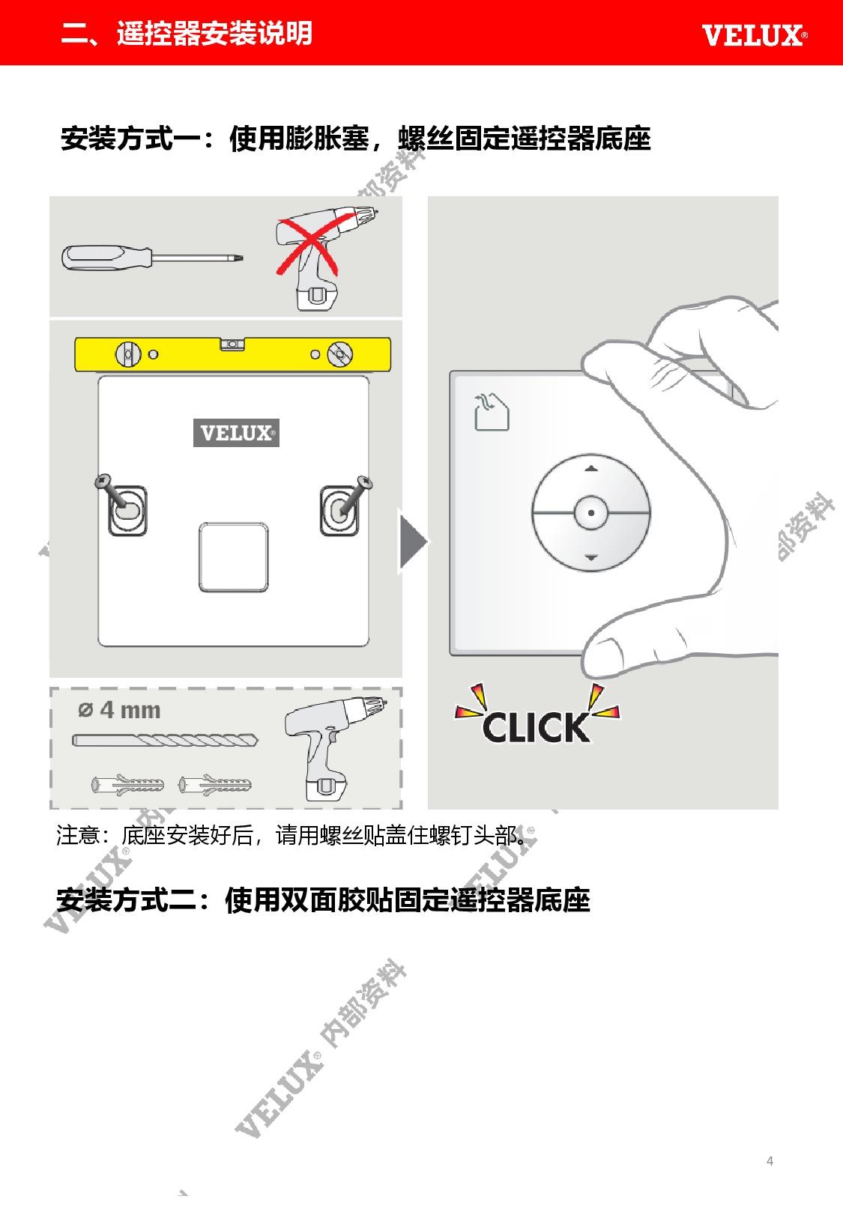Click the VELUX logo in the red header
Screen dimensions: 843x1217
pos(754,35)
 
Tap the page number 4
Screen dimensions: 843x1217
pos(770,1161)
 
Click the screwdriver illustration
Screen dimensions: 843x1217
pos(152,258)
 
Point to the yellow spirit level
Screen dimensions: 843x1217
pos(232,354)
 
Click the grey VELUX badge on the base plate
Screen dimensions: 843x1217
pos(237,433)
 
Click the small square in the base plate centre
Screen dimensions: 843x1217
pos(233,557)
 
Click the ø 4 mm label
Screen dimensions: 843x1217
pos(119,710)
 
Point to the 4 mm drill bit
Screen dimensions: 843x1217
pos(166,740)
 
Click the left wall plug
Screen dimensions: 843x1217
pos(127,785)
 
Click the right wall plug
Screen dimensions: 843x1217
pos(215,785)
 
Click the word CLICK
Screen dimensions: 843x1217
pos(536,728)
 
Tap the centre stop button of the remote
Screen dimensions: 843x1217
pos(590,512)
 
